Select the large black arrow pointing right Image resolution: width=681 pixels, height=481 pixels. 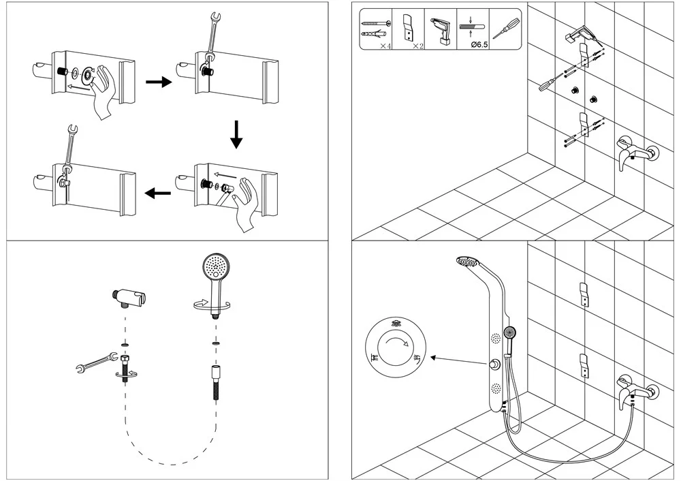point(159,82)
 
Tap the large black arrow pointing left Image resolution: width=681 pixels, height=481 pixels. point(158,193)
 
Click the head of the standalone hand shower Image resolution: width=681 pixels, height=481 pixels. point(217,266)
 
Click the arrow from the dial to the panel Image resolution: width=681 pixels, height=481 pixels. point(456,360)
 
